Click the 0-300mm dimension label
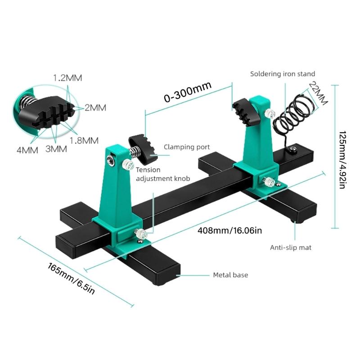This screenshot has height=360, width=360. pos(188,93)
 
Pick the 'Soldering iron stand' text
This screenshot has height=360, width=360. pos(283,74)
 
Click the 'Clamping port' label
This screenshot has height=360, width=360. pos(187,147)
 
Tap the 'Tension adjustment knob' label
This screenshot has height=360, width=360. pos(162,174)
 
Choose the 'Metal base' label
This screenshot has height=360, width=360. pos(230,274)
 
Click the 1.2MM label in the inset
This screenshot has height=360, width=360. pos(68,77)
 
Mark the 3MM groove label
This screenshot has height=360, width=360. pos(56,148)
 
